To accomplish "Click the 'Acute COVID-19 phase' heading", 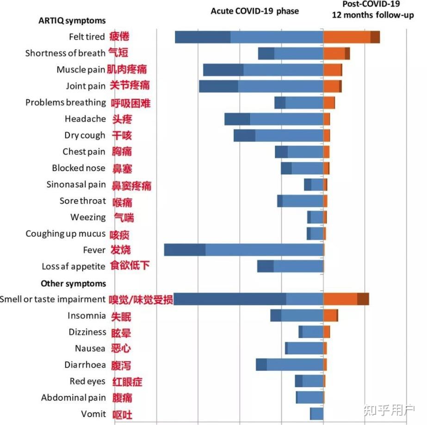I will pos(255,11).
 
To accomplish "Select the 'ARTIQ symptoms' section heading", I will pos(72,21).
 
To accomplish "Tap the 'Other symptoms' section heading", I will pos(73,283).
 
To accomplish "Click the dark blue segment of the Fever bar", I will pos(185,250).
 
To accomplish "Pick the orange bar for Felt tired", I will pos(347,37).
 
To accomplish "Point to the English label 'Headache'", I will pos(85,119).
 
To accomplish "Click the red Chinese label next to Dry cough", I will pos(122,135).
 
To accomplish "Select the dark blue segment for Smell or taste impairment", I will pos(230,299).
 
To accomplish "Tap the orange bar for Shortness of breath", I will pos(334,53).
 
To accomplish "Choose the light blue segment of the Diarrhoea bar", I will pos(295,365).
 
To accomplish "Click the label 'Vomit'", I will pos(93,414).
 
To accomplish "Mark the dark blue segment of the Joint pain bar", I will pos(218,86).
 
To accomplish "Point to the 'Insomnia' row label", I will pos(87,316).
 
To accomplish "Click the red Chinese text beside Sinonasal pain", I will pos(131,185).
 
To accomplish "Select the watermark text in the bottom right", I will pos(389,410).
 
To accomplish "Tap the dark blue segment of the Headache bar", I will pos(237,119).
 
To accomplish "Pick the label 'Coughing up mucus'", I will pos(65,234).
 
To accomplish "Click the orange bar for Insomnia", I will pos(330,316).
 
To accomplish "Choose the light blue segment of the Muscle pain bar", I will pos(283,70).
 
